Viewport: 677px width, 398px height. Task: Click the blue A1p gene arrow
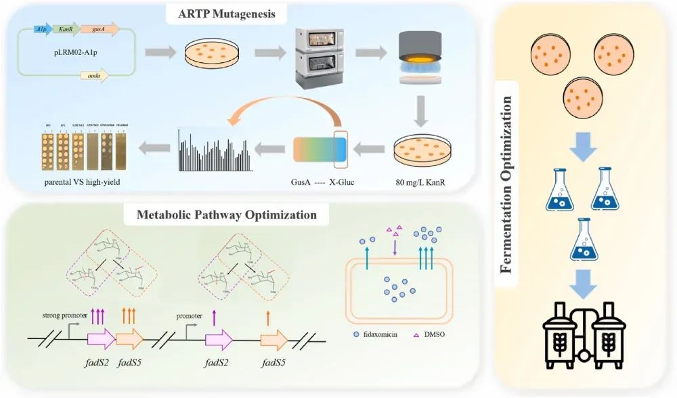tap(42, 29)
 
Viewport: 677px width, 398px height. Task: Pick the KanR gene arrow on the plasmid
tap(66, 29)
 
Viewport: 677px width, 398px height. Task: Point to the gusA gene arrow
tap(99, 29)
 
